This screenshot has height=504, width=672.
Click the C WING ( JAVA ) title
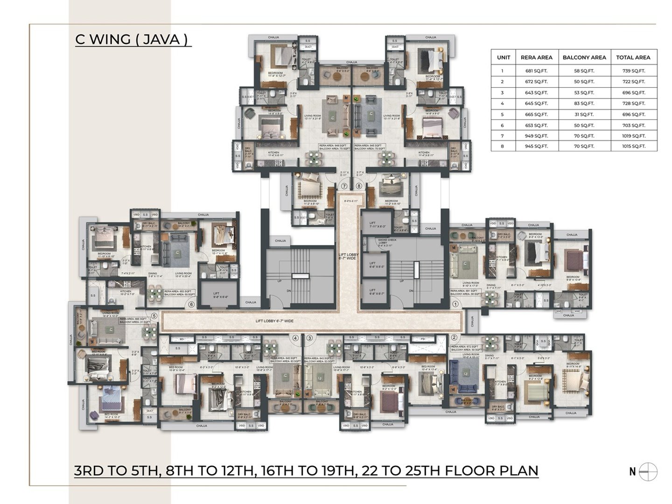coord(133,39)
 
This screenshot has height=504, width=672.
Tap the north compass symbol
coord(648,471)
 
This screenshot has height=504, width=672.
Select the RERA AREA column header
coord(536,57)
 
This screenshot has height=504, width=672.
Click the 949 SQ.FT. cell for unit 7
coord(536,136)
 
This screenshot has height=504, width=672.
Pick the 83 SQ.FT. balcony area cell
coord(584,103)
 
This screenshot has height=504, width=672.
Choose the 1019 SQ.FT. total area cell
coord(633,136)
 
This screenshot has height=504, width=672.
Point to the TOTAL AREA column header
coord(633,57)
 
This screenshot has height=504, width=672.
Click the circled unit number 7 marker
coord(344,186)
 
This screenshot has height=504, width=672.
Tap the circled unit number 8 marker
coord(358,186)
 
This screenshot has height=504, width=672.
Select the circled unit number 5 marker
coord(154,315)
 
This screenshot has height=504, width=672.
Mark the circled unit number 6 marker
coord(191,305)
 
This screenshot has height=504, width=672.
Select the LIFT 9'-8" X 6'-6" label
coord(220,294)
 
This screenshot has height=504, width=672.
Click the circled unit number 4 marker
coord(295,337)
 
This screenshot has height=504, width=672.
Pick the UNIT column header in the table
coord(503,57)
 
